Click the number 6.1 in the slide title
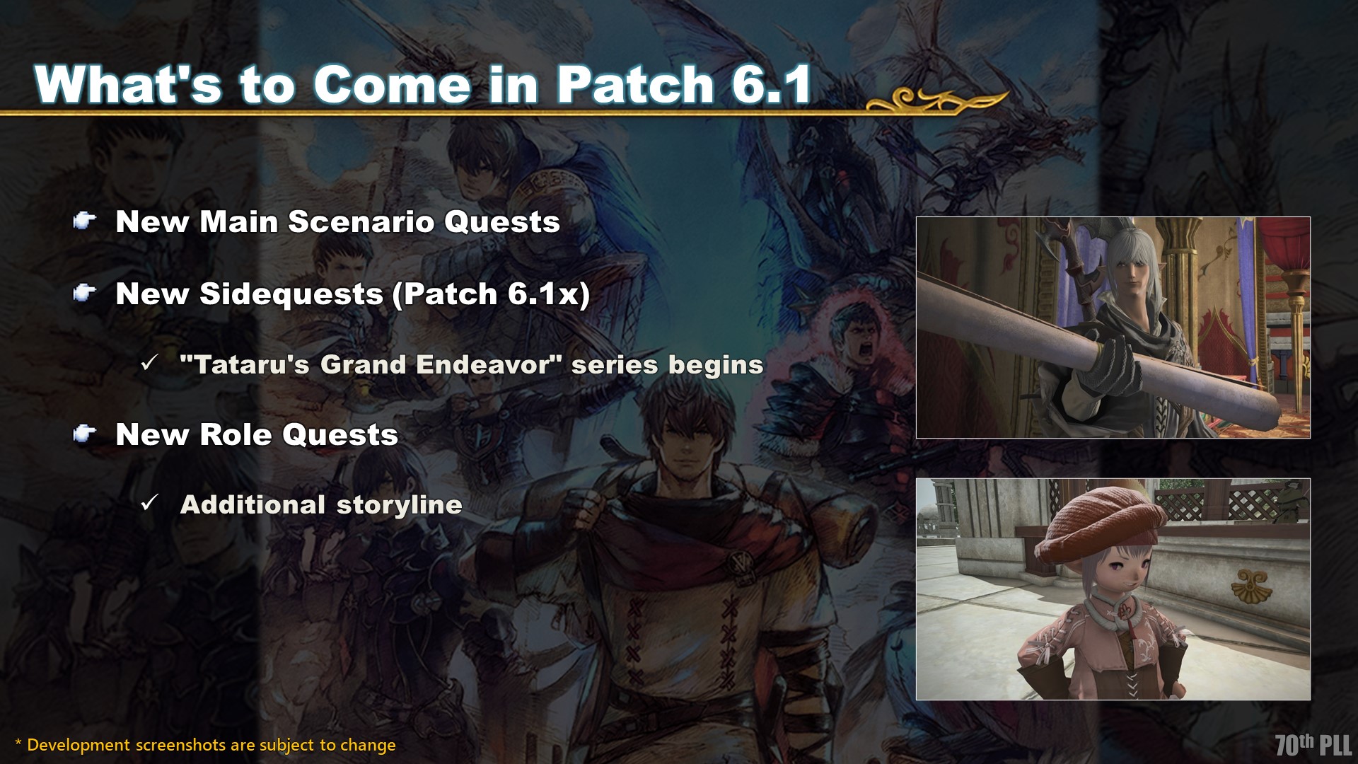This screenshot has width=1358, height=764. (772, 85)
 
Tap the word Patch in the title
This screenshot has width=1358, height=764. (635, 85)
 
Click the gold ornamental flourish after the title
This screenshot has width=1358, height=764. (938, 101)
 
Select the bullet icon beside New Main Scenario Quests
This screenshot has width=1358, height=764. (85, 221)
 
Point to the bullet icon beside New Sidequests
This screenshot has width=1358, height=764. (85, 293)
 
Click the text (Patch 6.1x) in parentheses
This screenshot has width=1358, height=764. (491, 294)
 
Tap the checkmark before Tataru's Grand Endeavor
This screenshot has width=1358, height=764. (149, 363)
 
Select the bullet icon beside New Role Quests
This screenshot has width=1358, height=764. (85, 434)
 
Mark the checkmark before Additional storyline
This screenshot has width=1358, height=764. (149, 503)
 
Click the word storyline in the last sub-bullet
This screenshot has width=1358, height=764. (399, 505)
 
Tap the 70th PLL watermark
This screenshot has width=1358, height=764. (1313, 744)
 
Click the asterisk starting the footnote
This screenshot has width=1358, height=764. (18, 743)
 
